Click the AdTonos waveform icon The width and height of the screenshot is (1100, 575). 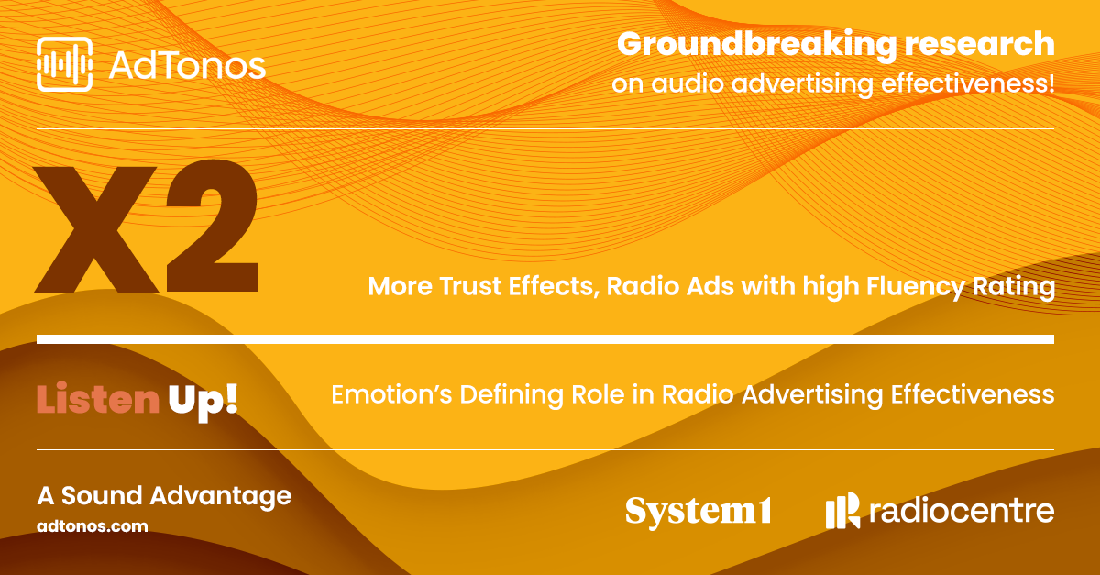pos(64,64)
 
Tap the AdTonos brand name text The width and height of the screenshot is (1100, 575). pos(187,65)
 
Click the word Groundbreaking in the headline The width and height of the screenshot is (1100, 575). pos(757,45)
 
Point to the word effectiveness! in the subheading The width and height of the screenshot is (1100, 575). pos(967,83)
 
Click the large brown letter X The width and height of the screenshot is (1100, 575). pos(96,230)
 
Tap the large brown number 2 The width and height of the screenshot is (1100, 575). pos(212,227)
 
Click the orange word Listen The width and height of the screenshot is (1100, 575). pos(98,398)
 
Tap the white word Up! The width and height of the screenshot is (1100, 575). pos(203,401)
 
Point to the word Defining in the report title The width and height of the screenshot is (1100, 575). pos(511,395)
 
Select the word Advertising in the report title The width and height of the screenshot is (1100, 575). pos(812,395)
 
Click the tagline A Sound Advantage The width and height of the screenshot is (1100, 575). pos(164,496)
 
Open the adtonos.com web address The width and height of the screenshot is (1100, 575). pos(93,526)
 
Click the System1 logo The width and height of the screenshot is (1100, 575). pos(698,512)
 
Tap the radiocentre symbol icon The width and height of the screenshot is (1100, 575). pos(842,510)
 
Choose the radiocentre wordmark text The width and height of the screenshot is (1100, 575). pos(962,511)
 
